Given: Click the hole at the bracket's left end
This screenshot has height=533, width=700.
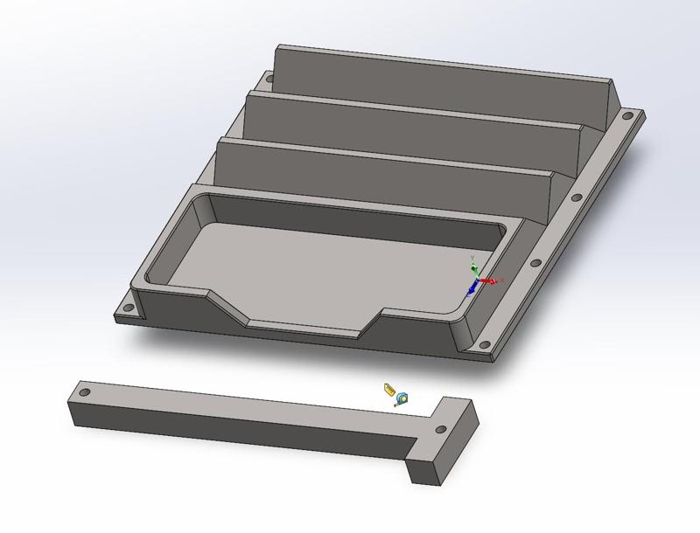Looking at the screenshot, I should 84,393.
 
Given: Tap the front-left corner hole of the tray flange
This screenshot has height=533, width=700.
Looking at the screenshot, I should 128,309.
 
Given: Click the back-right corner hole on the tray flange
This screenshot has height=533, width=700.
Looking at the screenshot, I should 628,115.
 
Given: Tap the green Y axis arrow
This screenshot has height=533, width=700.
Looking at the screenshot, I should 473,266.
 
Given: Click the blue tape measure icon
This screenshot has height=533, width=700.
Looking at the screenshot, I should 402,398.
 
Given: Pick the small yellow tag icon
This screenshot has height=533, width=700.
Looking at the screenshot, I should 388,387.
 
